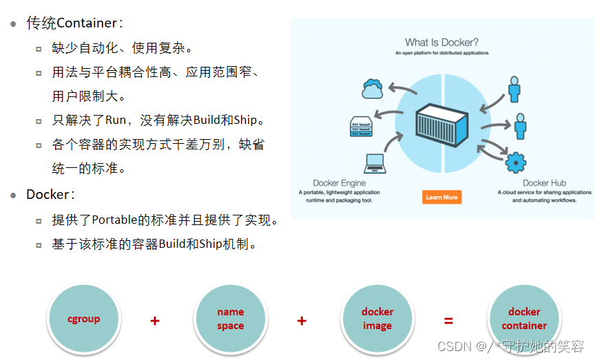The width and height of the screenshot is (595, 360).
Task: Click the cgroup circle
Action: [83, 319]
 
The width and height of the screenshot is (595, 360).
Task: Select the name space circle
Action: [230, 319]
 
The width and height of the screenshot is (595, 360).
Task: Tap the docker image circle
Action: [377, 319]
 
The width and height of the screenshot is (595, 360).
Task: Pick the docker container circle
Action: [524, 319]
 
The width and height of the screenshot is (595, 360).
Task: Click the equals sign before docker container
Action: [448, 321]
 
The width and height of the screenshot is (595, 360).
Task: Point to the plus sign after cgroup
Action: [155, 321]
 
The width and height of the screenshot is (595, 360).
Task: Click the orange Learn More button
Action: [441, 198]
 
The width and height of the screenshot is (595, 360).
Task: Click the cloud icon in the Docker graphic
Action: [373, 89]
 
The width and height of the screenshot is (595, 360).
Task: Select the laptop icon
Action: [375, 162]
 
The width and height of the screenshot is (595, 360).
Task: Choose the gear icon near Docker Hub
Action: [515, 162]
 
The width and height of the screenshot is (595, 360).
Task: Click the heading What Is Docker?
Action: [441, 43]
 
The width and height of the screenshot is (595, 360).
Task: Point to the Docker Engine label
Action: [340, 183]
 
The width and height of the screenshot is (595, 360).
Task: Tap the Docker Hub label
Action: [544, 183]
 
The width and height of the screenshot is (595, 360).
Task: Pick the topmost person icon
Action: [514, 89]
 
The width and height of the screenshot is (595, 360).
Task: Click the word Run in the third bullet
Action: [115, 120]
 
